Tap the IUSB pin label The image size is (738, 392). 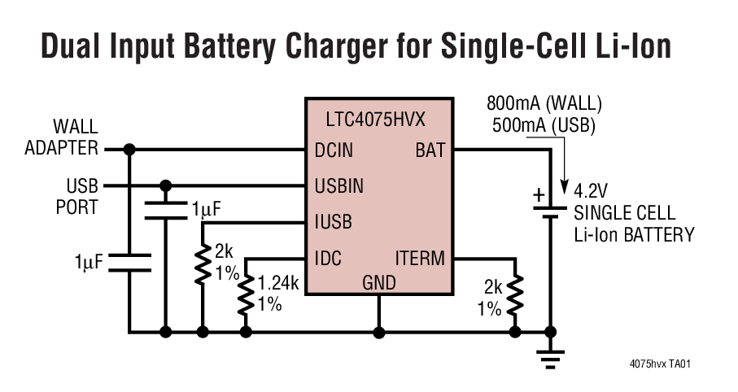(333, 221)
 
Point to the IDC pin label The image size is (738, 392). (328, 259)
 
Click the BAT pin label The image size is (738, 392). (430, 150)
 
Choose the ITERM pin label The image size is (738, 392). (420, 259)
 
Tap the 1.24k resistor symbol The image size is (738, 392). (246, 294)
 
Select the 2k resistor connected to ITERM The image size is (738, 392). (514, 297)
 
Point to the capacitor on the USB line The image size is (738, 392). (165, 210)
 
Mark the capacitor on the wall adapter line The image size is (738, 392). (129, 262)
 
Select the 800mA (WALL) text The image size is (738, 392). (544, 103)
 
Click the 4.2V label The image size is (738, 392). (591, 192)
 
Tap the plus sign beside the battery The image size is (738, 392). (538, 194)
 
